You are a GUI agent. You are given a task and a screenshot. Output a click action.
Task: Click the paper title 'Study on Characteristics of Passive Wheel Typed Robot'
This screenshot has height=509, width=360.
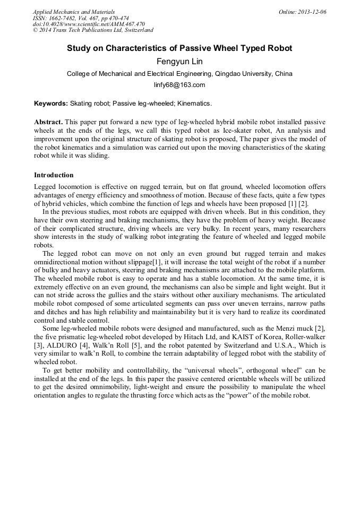pyautogui.click(x=179, y=48)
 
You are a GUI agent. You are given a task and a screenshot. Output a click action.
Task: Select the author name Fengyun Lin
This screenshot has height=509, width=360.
pyautogui.click(x=179, y=62)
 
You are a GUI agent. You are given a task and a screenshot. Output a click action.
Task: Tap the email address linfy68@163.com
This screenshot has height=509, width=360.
pyautogui.click(x=179, y=85)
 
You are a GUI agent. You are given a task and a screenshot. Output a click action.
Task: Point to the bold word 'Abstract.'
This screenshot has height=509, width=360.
pyautogui.click(x=49, y=122)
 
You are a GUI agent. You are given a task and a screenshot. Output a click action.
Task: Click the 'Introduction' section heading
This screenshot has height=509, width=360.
pyautogui.click(x=54, y=175)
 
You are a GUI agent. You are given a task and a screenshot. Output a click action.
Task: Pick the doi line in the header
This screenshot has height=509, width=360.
pyautogui.click(x=89, y=24)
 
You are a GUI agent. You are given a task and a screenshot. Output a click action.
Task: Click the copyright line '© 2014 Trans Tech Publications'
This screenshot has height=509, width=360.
pyautogui.click(x=93, y=30)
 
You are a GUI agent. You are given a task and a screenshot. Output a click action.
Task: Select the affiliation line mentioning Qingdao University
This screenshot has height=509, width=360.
pyautogui.click(x=179, y=74)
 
